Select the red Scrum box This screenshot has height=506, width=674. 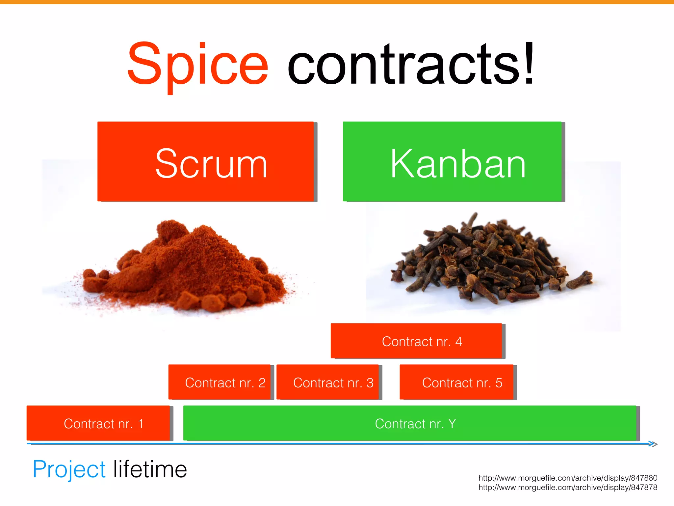pos(206,161)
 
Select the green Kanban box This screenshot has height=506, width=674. pos(452,161)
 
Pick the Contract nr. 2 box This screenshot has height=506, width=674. pos(220,382)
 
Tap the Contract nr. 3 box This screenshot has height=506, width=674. pos(328,382)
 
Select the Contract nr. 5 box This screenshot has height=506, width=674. pos(456,382)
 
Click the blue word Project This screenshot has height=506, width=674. pos(69,469)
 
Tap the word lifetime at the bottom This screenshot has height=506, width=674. pos(150,469)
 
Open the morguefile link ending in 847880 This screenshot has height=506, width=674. pos(568,478)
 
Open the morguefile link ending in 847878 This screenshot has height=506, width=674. pos(568,488)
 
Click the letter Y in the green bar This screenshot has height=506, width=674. pos(452,424)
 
